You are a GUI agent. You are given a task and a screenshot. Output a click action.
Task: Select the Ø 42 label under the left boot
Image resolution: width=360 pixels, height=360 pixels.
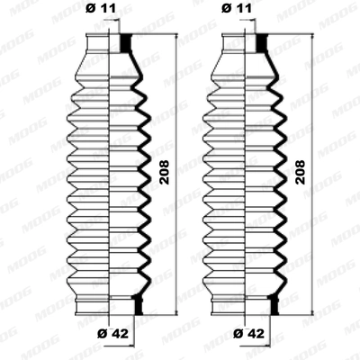coord(110,335)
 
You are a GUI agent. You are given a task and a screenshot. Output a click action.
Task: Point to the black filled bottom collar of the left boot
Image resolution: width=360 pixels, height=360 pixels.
coord(139,306)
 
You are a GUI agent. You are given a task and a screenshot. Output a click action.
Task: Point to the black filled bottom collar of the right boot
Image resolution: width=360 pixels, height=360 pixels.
coord(274,306)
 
